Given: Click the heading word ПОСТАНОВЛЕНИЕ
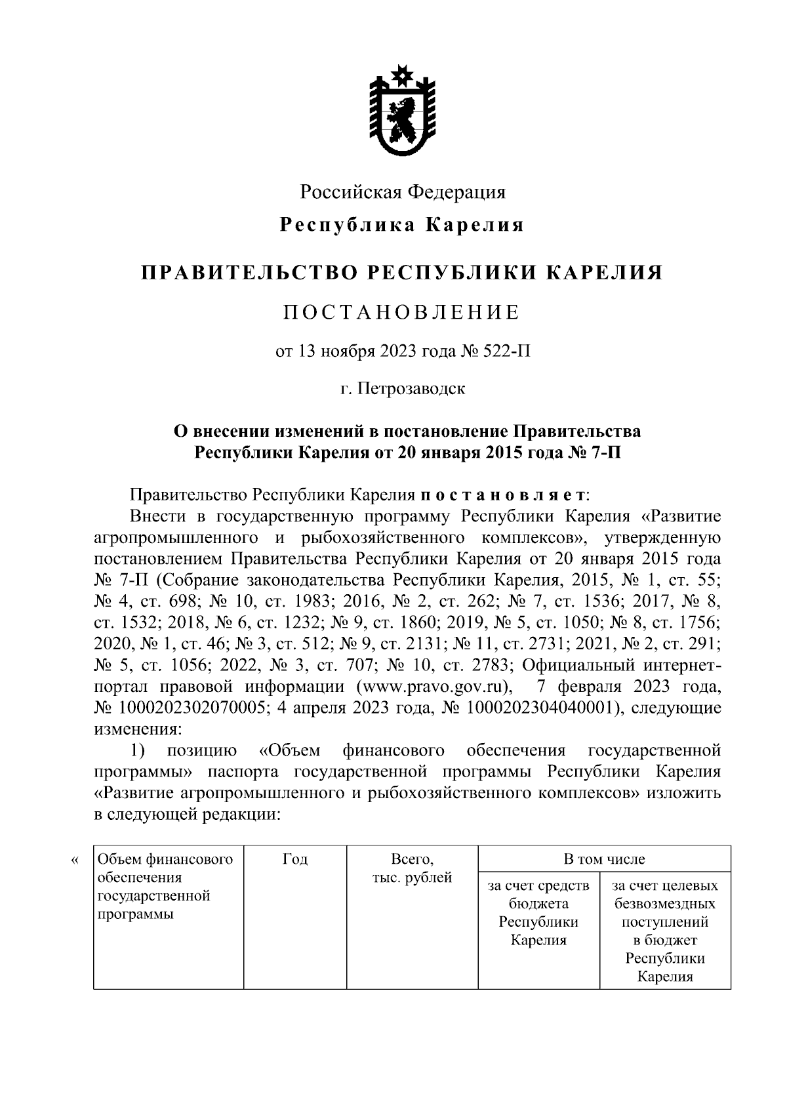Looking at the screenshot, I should [x=401, y=312].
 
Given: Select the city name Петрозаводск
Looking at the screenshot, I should [x=412, y=388].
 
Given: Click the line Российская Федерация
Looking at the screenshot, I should [x=403, y=192].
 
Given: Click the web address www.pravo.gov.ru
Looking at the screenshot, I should [x=433, y=687].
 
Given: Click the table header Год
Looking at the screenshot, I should [x=294, y=859].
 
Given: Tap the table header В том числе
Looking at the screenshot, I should [x=604, y=859].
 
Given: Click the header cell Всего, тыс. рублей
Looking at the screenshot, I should [x=412, y=868].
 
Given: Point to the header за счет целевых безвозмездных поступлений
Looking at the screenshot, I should [x=664, y=931].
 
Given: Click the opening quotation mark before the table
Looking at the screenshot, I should [x=73, y=860].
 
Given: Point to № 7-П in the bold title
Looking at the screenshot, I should [x=592, y=453].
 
